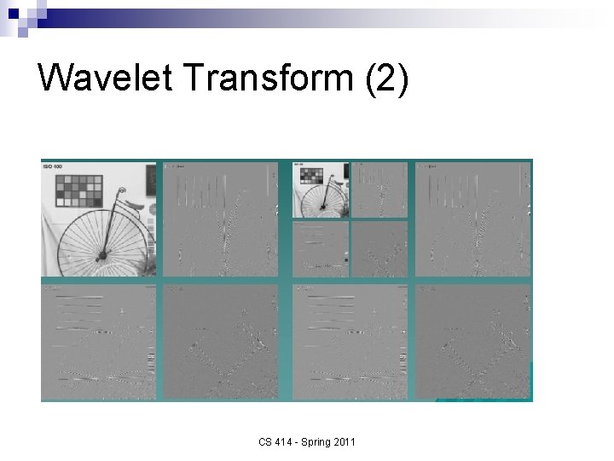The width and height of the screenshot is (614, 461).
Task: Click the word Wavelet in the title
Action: (105, 78)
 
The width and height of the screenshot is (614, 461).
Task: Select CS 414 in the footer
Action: (279, 441)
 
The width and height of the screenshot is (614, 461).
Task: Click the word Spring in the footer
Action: (313, 441)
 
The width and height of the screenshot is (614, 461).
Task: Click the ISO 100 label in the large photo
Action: (52, 166)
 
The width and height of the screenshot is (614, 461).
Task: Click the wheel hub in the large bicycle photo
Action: (101, 254)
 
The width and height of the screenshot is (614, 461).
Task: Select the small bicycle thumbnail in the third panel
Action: (320, 190)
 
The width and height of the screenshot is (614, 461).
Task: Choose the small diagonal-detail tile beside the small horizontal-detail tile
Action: (379, 248)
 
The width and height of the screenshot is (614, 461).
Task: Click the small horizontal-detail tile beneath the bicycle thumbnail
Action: (321, 248)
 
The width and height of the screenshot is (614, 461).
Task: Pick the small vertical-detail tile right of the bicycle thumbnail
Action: (379, 190)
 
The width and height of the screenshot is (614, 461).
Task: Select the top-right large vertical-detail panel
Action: (472, 219)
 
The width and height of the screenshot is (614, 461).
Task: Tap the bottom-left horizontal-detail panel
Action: (98, 341)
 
